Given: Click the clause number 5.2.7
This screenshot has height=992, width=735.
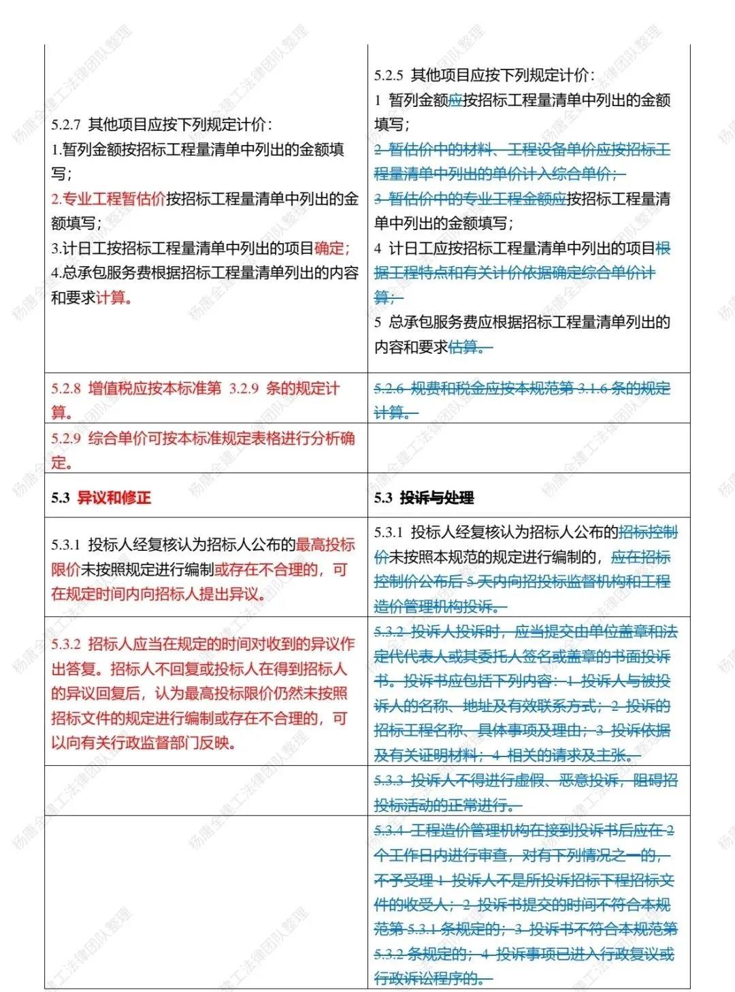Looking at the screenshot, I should (x=66, y=125).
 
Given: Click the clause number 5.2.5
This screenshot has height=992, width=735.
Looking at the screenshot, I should (x=389, y=75).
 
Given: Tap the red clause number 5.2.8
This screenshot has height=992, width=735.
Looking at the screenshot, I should (x=66, y=388).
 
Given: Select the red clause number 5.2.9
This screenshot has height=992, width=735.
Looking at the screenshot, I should (x=66, y=438).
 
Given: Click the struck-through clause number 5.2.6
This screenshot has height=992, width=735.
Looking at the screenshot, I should (x=389, y=388).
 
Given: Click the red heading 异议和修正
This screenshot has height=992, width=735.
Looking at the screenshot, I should (x=114, y=498).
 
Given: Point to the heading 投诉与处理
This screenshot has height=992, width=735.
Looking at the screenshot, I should (x=436, y=498).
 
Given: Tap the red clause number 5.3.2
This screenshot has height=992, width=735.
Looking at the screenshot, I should (x=66, y=644).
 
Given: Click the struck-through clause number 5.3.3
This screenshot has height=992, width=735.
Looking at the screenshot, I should (x=389, y=780).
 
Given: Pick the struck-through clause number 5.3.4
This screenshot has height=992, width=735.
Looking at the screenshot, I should (x=389, y=830).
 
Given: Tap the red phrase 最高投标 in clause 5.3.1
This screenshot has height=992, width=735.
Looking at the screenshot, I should (x=325, y=544).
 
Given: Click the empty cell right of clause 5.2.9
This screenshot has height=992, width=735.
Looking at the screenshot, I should (x=528, y=448).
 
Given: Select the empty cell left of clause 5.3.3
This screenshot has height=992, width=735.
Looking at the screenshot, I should (x=206, y=790).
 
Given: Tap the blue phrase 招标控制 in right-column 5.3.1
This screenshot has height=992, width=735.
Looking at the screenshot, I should (x=648, y=532).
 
